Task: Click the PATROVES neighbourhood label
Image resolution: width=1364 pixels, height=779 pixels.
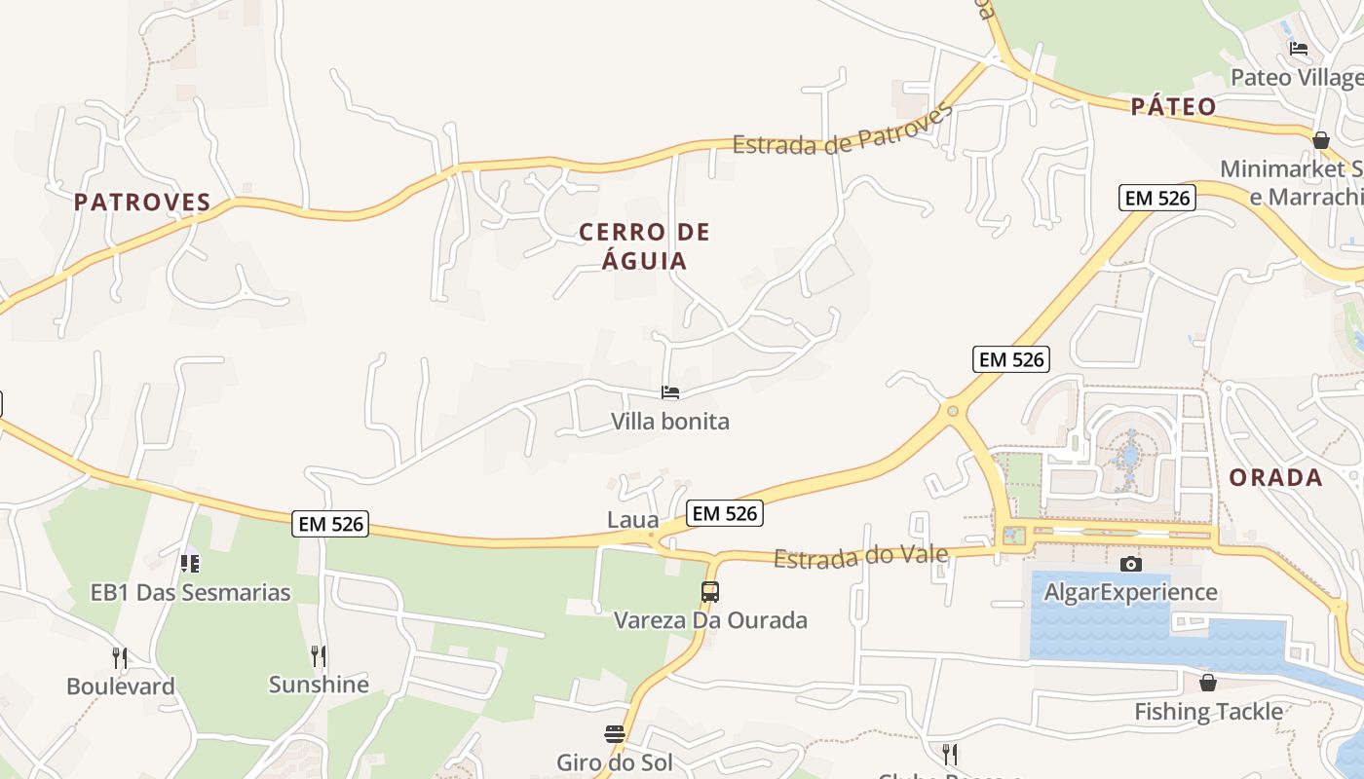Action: (142, 203)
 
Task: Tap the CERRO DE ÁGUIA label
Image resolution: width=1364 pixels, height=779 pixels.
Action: (645, 246)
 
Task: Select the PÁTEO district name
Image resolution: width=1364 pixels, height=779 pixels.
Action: (1174, 107)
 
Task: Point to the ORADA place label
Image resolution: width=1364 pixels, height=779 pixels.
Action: (1275, 478)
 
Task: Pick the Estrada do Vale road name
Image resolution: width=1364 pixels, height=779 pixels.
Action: (860, 557)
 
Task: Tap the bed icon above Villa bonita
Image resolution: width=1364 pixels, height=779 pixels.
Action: (670, 393)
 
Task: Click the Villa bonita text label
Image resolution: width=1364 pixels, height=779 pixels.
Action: (670, 422)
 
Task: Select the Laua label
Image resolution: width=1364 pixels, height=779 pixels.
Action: (633, 520)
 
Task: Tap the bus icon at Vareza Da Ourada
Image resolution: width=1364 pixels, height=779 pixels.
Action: (710, 591)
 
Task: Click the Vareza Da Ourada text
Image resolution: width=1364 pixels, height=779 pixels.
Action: (710, 620)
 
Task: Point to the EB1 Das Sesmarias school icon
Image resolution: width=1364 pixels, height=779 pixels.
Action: (190, 563)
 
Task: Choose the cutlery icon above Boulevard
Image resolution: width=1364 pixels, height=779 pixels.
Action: (120, 658)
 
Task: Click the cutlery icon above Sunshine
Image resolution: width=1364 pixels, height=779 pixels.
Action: (319, 656)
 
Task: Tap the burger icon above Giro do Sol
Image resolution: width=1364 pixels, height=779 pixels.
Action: (615, 733)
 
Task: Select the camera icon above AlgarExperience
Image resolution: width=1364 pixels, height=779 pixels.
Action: (1130, 564)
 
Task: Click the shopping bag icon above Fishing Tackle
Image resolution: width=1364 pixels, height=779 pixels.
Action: (1208, 683)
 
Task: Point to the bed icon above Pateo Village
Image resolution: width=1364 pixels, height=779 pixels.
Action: (1299, 49)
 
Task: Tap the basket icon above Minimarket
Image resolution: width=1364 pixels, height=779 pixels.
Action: (1321, 140)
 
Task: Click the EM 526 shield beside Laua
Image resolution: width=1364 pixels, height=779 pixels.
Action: (724, 513)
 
